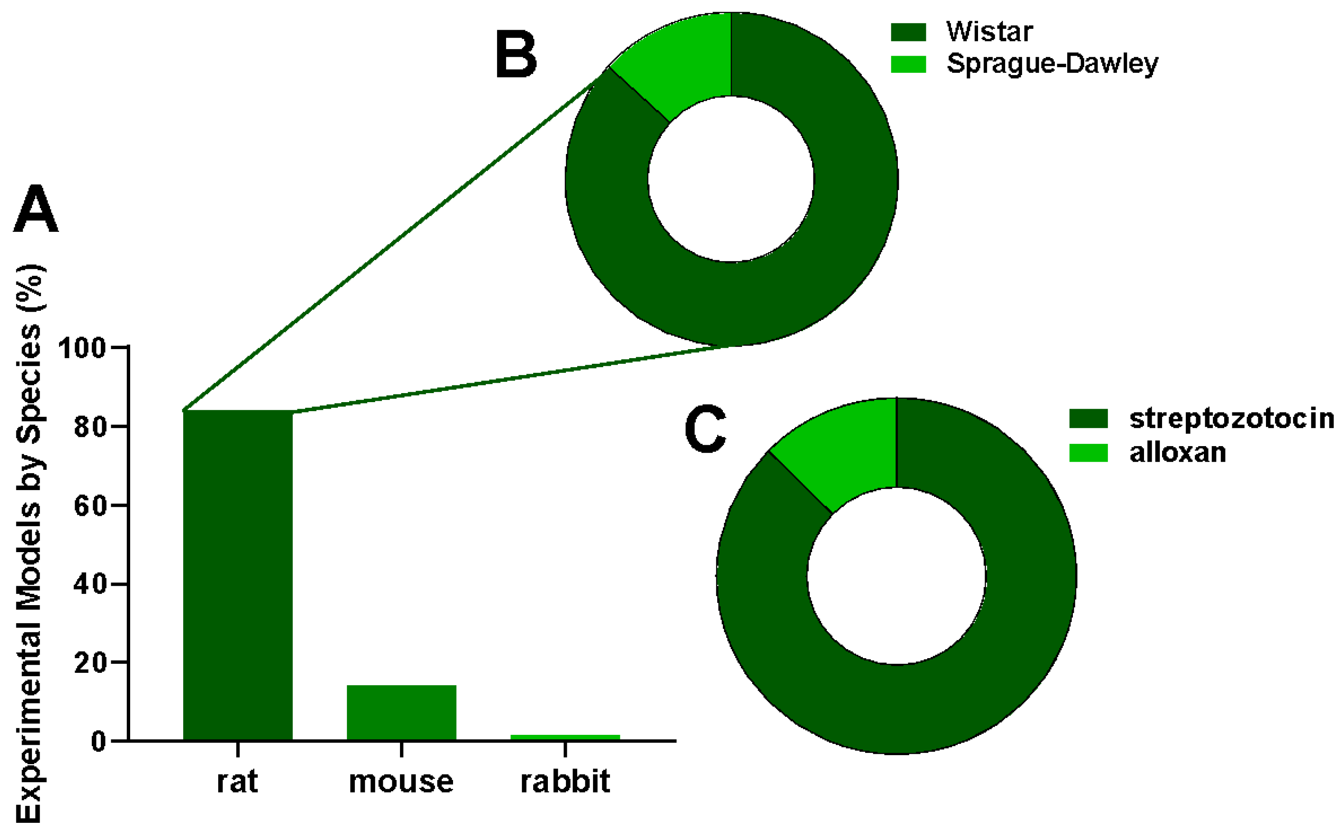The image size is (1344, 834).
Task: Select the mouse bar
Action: pyautogui.click(x=401, y=712)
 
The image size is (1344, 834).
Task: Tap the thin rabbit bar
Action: pyautogui.click(x=565, y=737)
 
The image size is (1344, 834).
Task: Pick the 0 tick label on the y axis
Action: pyautogui.click(x=98, y=742)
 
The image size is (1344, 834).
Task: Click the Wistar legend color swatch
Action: pyautogui.click(x=908, y=32)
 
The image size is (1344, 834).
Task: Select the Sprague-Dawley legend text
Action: pyautogui.click(x=1052, y=64)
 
